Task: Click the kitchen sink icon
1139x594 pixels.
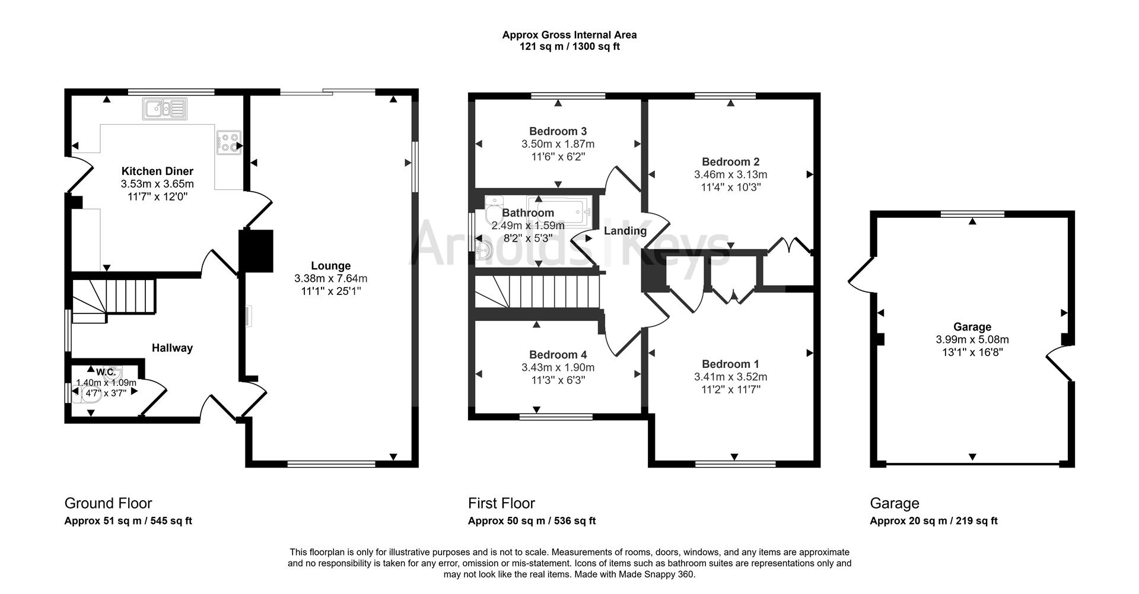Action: [164, 109]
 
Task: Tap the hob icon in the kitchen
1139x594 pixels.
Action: [229, 142]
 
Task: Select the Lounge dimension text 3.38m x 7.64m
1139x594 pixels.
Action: [330, 278]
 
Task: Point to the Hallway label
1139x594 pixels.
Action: [172, 348]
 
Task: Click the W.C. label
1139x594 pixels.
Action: [106, 372]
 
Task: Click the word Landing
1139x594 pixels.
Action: [625, 231]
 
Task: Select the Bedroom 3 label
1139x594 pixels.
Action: [558, 131]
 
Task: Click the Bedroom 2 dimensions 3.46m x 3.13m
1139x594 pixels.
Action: [730, 174]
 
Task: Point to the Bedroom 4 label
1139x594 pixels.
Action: [558, 355]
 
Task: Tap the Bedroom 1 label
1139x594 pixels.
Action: [730, 364]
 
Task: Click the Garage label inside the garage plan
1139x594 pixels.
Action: [972, 327]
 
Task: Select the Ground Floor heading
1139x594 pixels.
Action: [108, 503]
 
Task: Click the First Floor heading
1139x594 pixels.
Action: [501, 503]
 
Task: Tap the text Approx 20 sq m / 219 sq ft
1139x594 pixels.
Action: [933, 521]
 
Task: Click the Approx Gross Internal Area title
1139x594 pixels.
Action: [569, 35]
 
